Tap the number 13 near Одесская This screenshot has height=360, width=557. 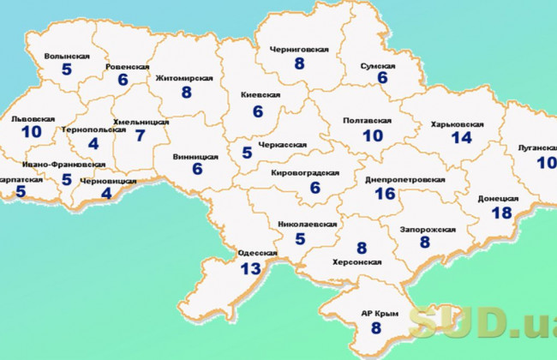click(x=250, y=269)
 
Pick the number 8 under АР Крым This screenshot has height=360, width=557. click(x=376, y=327)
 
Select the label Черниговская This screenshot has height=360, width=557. click(x=299, y=50)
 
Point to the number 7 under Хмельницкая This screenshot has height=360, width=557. click(x=140, y=135)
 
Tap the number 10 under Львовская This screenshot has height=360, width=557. click(x=33, y=132)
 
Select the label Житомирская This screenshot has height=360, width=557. click(x=184, y=78)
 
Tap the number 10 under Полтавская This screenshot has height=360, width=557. click(x=373, y=135)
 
